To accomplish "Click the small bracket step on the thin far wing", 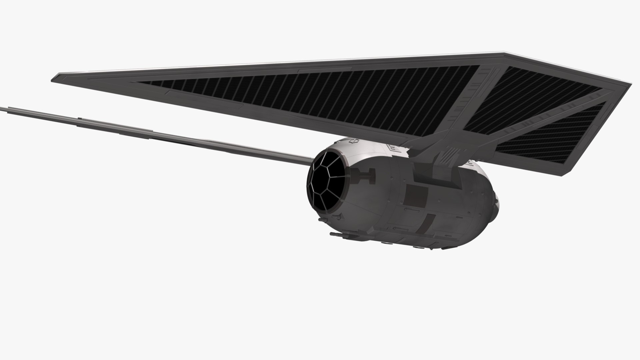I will coord(80,118).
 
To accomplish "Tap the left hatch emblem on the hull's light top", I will coord(353,142).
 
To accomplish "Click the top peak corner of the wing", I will coord(505,53).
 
